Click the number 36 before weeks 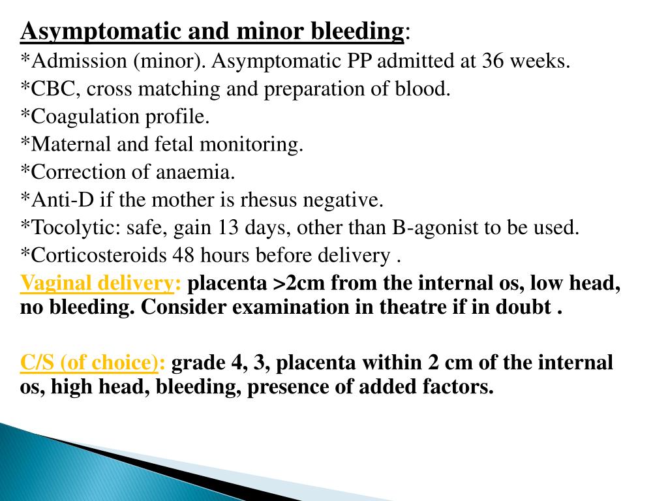[x=493, y=61]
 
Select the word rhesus [x=275, y=200]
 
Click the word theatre [x=395, y=307]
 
